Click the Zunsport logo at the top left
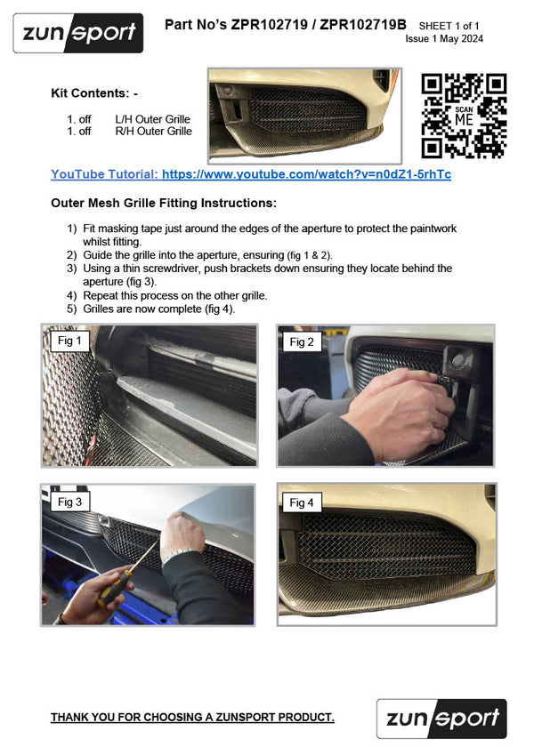(x=77, y=34)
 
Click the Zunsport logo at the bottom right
(x=441, y=719)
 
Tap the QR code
(x=464, y=116)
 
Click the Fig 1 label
(x=69, y=341)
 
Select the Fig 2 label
(x=302, y=341)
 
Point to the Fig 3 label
(x=69, y=502)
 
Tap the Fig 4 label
(x=302, y=502)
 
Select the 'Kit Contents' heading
(x=94, y=92)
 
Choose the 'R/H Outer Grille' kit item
(x=153, y=132)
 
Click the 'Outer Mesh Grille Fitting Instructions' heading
(x=164, y=203)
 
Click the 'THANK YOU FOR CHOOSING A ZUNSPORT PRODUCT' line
(x=192, y=717)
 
